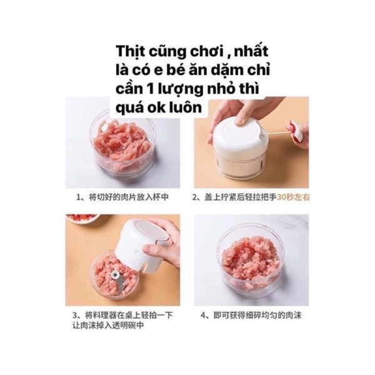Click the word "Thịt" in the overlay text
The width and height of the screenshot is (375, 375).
[129, 52]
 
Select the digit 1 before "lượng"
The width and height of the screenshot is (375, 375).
[149, 89]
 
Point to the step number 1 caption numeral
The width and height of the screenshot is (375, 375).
[78, 197]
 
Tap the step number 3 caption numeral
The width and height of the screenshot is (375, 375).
[75, 315]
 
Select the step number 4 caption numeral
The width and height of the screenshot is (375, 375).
[203, 316]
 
